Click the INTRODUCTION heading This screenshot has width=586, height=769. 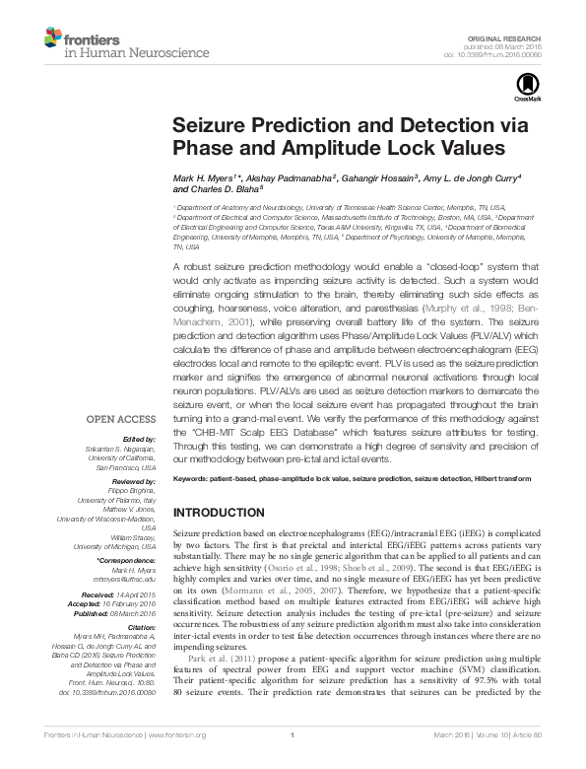219,514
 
